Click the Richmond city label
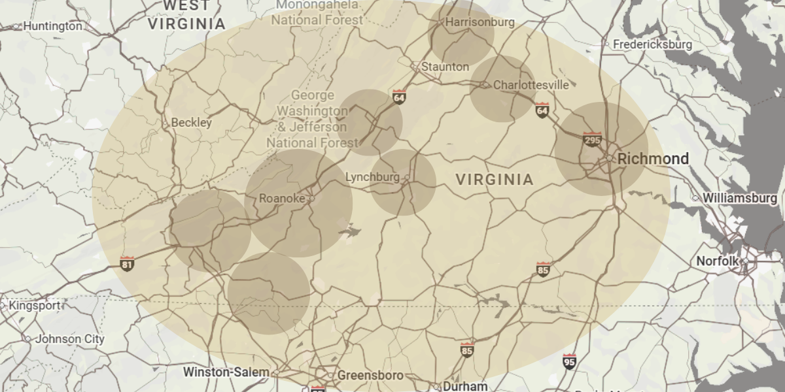(x=644, y=159)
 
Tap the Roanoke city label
(x=281, y=199)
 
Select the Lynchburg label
(x=372, y=177)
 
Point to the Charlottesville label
(x=531, y=85)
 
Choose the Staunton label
(x=445, y=67)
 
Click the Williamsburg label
(x=740, y=198)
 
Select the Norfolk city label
(x=717, y=261)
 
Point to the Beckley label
(x=191, y=123)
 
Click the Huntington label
(x=52, y=27)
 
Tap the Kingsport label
(x=34, y=305)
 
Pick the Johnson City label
(x=69, y=339)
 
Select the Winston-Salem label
(x=226, y=372)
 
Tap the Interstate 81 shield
(x=128, y=264)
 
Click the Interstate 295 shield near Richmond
(x=592, y=139)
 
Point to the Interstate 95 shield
(x=569, y=360)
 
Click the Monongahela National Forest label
(x=317, y=12)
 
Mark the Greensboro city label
(x=370, y=376)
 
